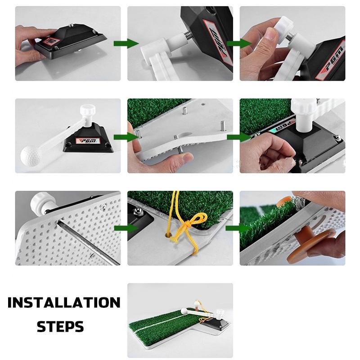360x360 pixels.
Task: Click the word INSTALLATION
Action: (64, 302)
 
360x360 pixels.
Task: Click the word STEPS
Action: (60, 327)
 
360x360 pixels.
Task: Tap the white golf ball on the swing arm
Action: (29, 155)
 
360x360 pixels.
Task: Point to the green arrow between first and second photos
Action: (126, 43)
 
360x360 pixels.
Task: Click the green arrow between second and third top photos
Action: (239, 43)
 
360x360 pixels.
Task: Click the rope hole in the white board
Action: (168, 235)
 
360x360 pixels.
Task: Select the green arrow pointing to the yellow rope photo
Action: (126, 228)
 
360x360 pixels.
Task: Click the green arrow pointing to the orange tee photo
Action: (238, 228)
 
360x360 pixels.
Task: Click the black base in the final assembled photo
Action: (217, 324)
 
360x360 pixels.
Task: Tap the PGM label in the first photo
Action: (52, 42)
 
